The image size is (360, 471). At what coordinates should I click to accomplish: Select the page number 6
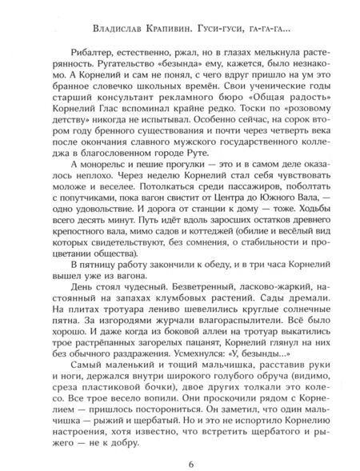pyautogui.click(x=181, y=444)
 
